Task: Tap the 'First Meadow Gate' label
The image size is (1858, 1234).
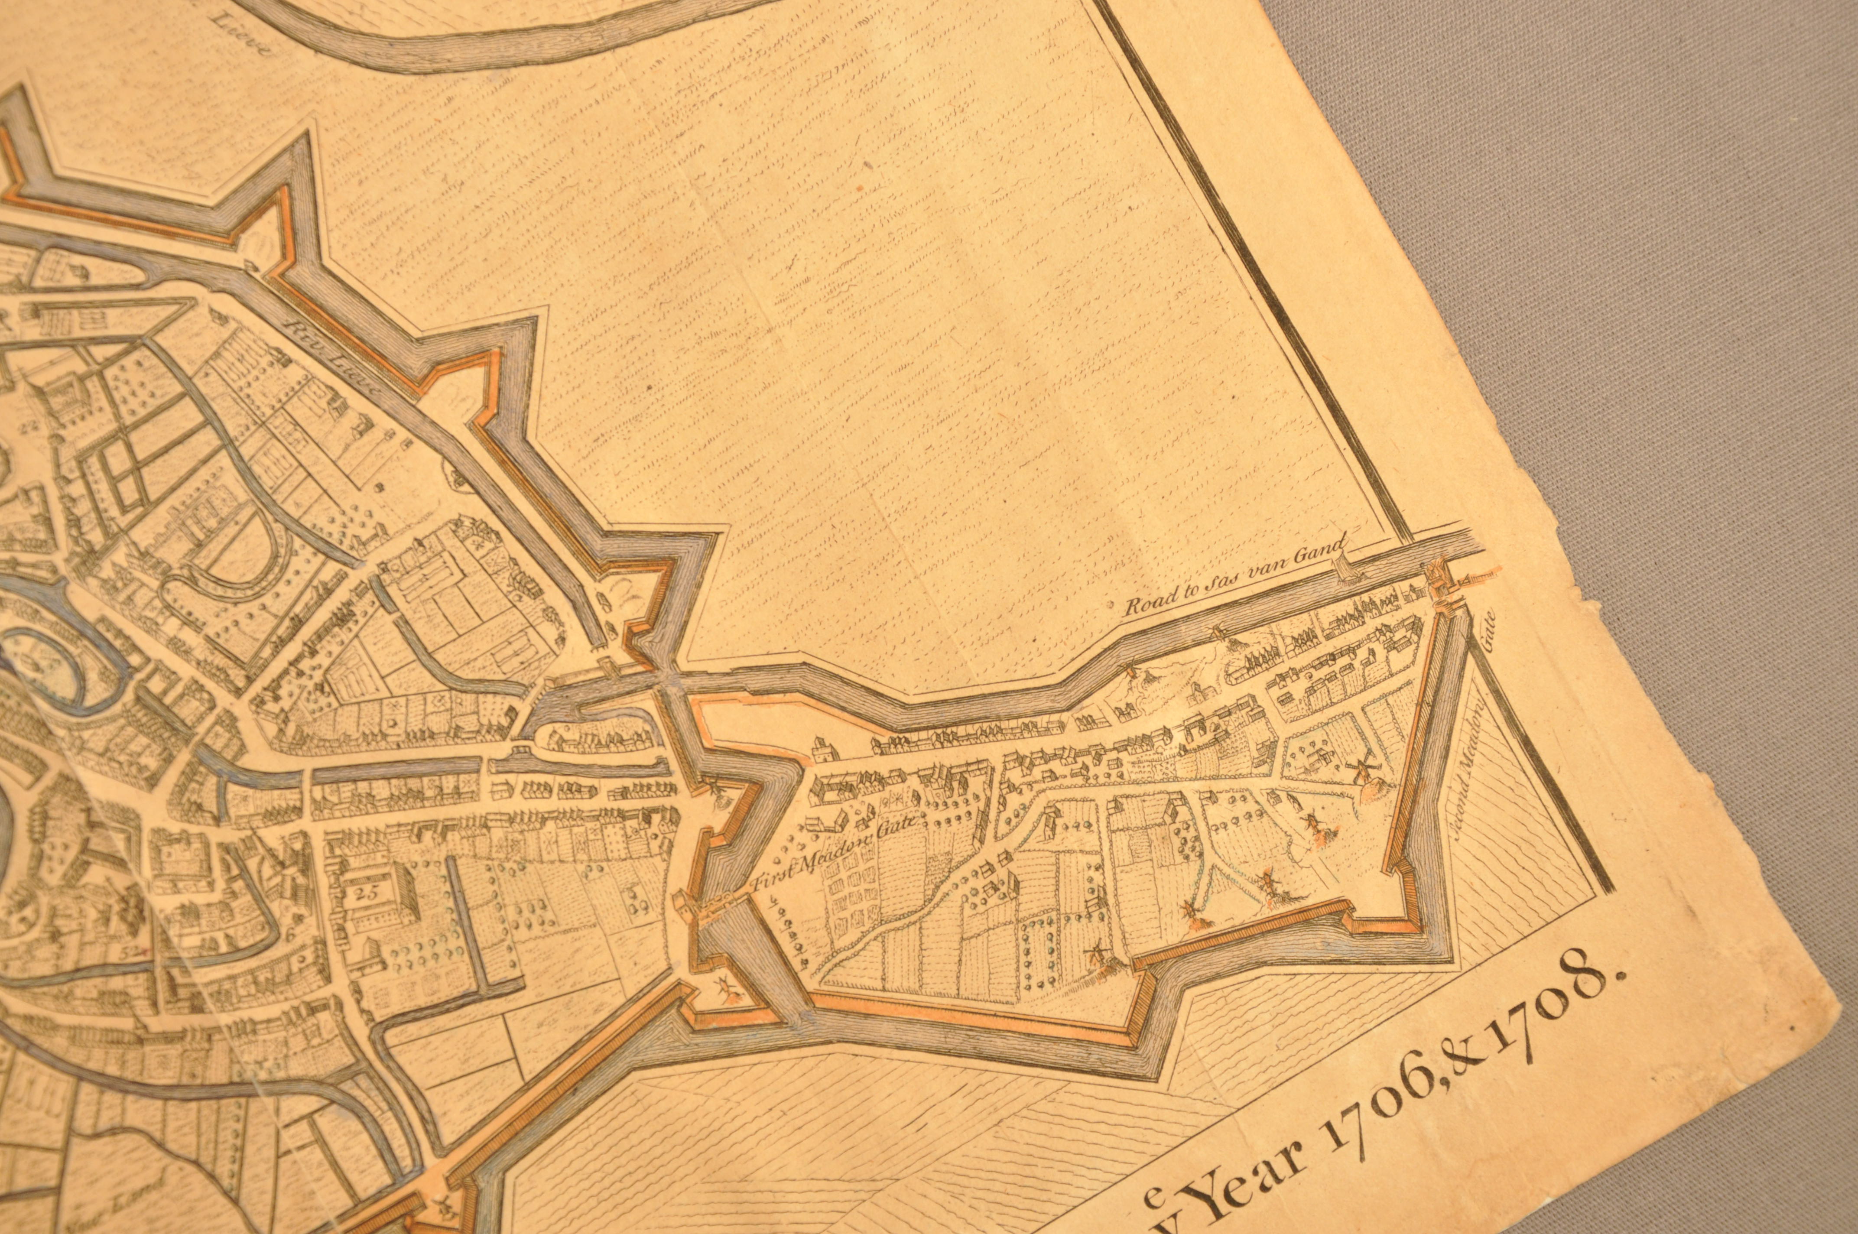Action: pyautogui.click(x=836, y=855)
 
